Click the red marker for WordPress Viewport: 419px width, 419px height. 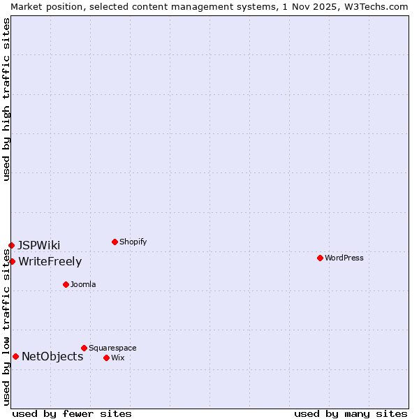pos(320,258)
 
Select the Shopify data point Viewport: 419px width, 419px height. pos(115,242)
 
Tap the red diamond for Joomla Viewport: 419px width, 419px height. pos(66,284)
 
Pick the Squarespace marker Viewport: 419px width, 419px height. pos(84,348)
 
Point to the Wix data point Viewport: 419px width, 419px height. pos(106,358)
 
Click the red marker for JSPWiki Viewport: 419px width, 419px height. pos(11,245)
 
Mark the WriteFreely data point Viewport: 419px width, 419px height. pos(12,261)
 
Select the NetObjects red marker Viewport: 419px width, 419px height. pos(15,356)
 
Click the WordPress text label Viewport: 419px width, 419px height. pos(344,258)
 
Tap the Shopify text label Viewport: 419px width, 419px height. pos(133,242)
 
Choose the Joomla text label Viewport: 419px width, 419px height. pos(83,284)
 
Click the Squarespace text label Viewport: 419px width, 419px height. pos(112,348)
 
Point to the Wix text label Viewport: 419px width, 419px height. pos(117,358)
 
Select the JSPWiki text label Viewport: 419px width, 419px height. pos(39,245)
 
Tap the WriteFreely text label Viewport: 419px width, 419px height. pos(50,262)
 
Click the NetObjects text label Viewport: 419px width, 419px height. pos(52,357)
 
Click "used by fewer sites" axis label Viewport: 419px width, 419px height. pos(72,413)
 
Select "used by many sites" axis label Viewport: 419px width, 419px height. pos(351,413)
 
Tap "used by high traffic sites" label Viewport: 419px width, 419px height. pos(7,99)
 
